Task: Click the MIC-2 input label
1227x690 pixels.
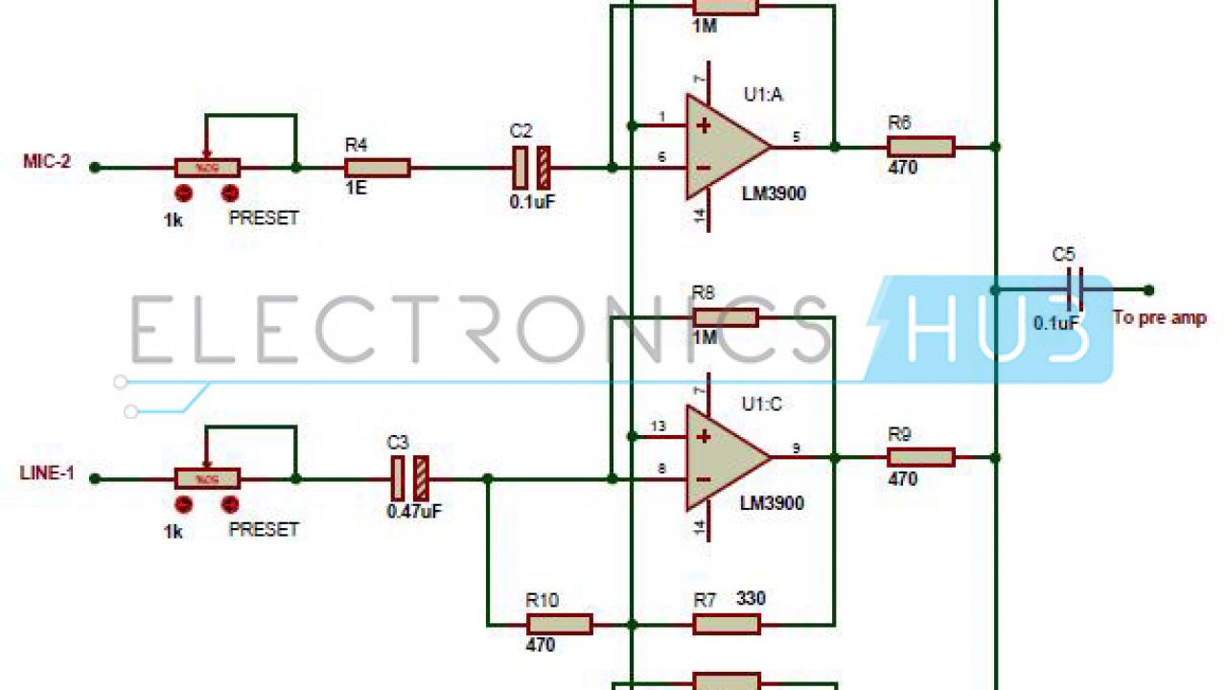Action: tap(46, 161)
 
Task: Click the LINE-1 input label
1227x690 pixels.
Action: tap(47, 472)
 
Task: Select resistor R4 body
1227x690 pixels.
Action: tap(377, 169)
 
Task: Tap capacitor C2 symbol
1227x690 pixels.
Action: tap(531, 168)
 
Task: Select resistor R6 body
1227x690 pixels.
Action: tap(920, 147)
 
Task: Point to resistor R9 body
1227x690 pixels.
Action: tap(920, 457)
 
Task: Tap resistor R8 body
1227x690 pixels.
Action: tap(726, 317)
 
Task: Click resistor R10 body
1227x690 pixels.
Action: tap(559, 625)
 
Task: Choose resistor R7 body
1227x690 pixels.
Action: tap(726, 625)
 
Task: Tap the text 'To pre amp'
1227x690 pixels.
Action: tap(1159, 318)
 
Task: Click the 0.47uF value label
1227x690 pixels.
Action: tap(414, 512)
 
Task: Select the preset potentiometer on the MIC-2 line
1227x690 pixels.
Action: tap(207, 169)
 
